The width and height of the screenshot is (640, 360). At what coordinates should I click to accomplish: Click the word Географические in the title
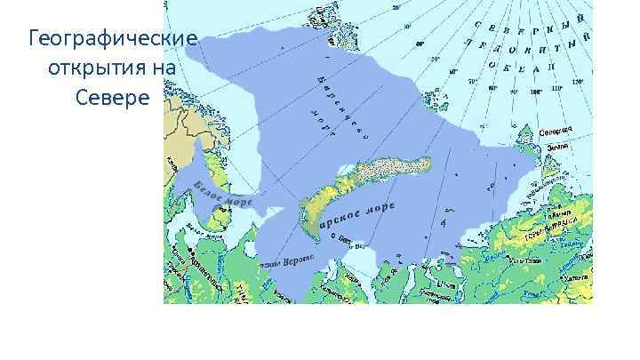[x=112, y=40]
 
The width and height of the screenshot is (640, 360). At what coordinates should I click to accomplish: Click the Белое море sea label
[x=222, y=196]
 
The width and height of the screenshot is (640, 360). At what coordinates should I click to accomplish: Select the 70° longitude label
[x=473, y=80]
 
